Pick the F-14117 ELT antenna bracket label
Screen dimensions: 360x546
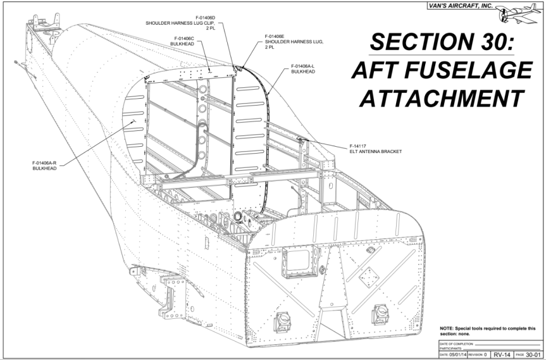click(x=376, y=149)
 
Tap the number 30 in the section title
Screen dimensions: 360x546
click(x=491, y=43)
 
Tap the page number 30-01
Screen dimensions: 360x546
click(x=533, y=354)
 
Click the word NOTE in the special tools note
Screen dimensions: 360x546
click(x=447, y=328)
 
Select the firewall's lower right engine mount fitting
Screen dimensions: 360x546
click(x=381, y=313)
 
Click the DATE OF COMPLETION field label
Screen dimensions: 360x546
click(x=456, y=343)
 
